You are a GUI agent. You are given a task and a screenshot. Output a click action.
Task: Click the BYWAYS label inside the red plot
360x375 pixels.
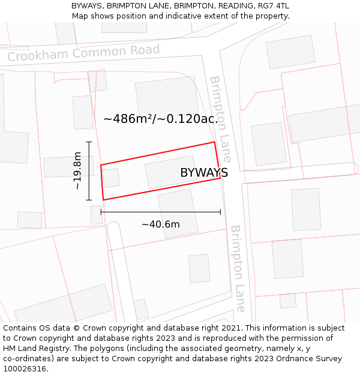pyautogui.click(x=204, y=173)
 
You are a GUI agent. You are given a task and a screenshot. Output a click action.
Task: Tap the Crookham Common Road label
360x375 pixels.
pyautogui.click(x=83, y=53)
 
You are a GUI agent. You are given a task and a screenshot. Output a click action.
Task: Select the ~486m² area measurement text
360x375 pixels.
pyautogui.click(x=128, y=119)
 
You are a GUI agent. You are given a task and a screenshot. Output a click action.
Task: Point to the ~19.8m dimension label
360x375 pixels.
pyautogui.click(x=77, y=171)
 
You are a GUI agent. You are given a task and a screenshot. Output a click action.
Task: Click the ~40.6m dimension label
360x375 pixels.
pyautogui.click(x=160, y=224)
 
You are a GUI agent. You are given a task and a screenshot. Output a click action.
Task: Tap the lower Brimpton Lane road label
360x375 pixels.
pyautogui.click(x=238, y=268)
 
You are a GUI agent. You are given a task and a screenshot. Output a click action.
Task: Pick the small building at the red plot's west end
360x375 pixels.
pyautogui.click(x=110, y=178)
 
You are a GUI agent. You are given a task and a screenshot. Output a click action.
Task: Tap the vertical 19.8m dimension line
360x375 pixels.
pyautogui.click(x=89, y=171)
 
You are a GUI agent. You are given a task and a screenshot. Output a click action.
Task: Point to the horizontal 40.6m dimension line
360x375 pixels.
pyautogui.click(x=160, y=212)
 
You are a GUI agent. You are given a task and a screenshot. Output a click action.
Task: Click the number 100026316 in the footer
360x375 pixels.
pyautogui.click(x=24, y=368)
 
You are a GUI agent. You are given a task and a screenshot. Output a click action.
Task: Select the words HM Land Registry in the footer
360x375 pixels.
pyautogui.click(x=36, y=348)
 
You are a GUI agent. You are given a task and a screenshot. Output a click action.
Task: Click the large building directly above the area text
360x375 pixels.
pyautogui.click(x=166, y=96)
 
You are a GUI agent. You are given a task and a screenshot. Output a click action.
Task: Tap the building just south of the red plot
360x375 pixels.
pyautogui.click(x=178, y=213)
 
